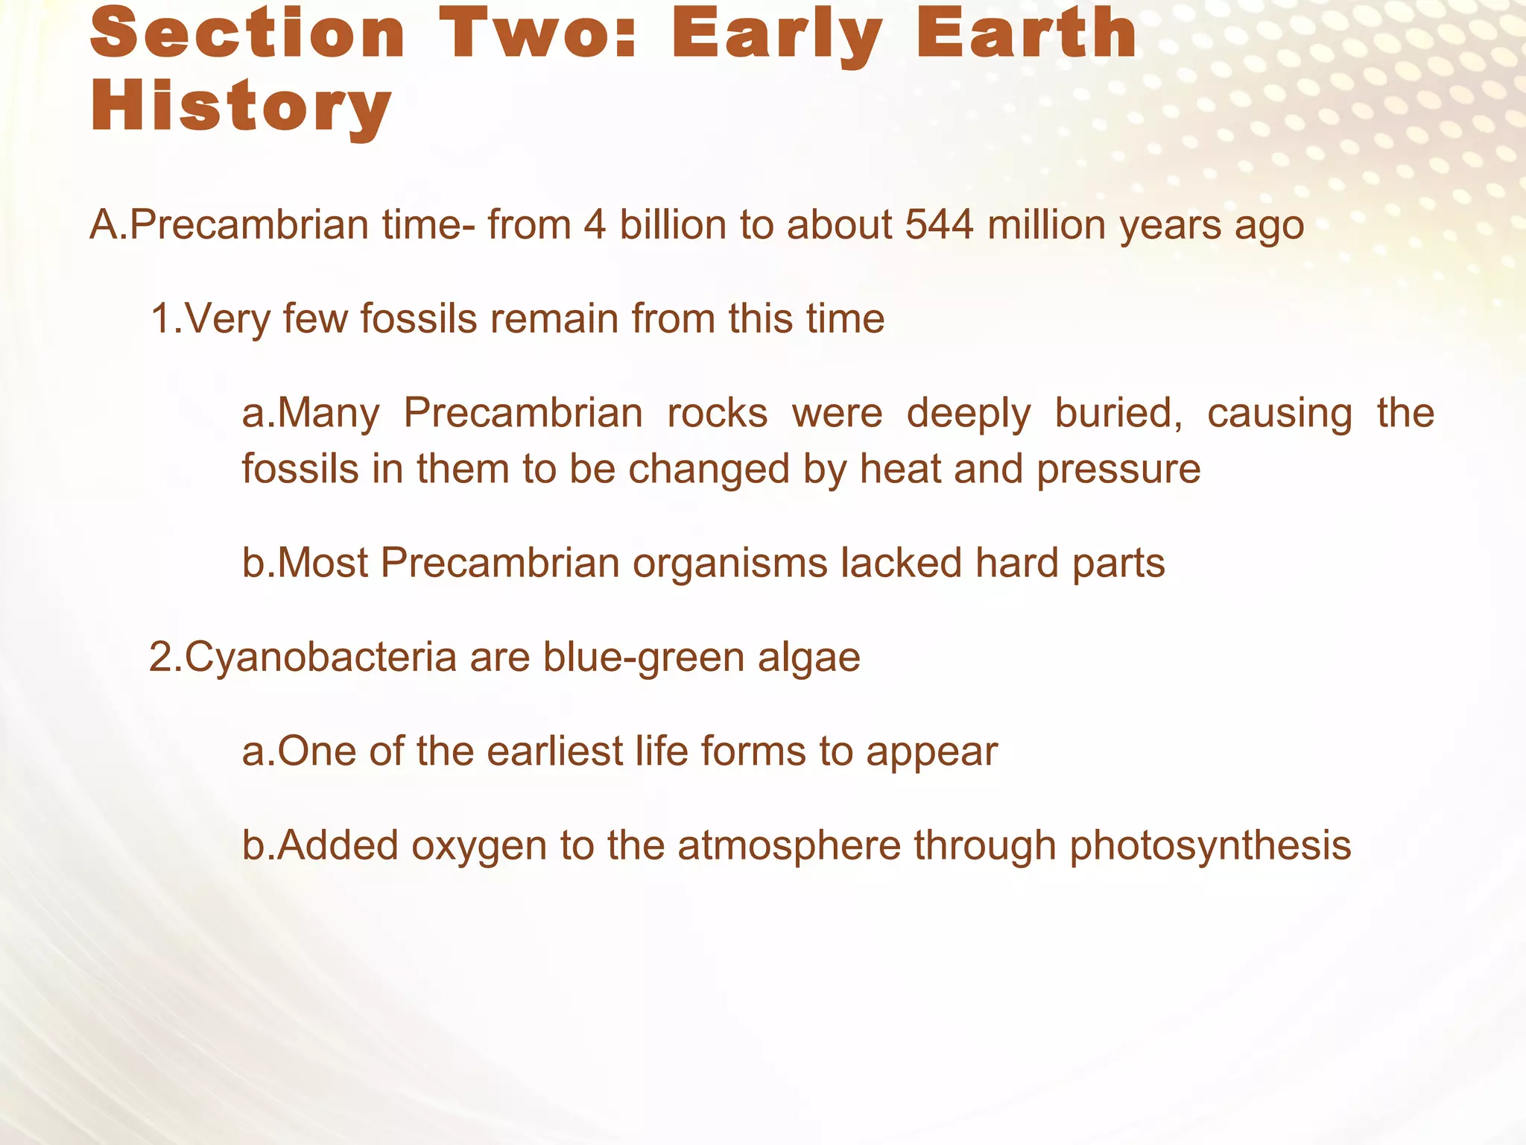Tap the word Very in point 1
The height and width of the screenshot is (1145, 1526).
click(x=227, y=319)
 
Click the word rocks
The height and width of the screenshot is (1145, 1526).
click(x=717, y=413)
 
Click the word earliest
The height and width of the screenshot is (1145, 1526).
click(x=554, y=751)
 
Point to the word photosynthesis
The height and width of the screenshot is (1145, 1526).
click(x=1210, y=847)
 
